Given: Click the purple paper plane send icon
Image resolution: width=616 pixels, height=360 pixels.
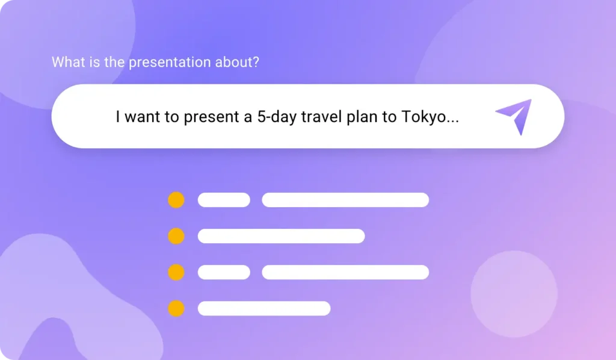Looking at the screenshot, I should click(x=514, y=116).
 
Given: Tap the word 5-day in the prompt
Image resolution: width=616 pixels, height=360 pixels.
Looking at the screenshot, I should click(x=275, y=117).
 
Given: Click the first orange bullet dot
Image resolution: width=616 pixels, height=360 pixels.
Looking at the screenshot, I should click(x=176, y=200).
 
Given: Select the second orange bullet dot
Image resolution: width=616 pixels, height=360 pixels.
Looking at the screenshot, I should click(x=176, y=236).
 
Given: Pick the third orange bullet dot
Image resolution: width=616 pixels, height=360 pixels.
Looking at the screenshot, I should click(x=176, y=272).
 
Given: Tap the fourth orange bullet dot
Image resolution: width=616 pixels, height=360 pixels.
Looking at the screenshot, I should click(x=176, y=308).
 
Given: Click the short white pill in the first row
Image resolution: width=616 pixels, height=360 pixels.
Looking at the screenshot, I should click(x=224, y=200).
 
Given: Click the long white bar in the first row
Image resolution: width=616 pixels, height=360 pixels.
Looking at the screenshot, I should click(x=345, y=200).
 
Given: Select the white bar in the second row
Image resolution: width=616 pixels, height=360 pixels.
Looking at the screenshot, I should click(x=281, y=236).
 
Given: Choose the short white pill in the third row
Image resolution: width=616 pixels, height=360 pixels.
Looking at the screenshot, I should click(x=224, y=272).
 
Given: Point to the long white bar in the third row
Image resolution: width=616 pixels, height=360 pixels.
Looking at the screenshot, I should click(x=345, y=272).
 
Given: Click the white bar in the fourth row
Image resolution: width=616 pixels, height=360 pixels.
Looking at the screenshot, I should click(x=264, y=308).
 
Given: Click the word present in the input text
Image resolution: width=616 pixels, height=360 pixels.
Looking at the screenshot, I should click(x=211, y=117).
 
